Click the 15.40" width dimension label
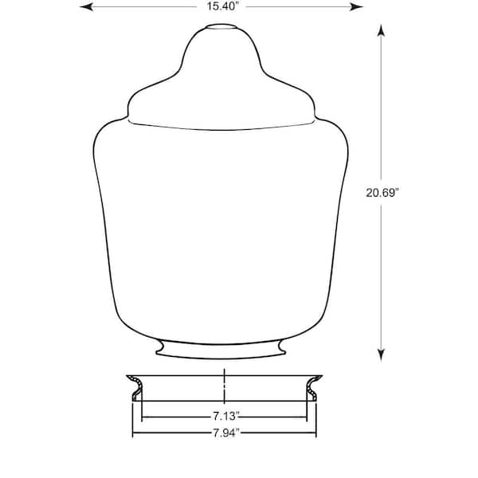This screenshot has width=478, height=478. click(221, 6)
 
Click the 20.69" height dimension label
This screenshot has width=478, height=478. click(382, 193)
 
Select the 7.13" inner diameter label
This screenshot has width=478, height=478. click(225, 416)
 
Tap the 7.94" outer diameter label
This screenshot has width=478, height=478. click(225, 433)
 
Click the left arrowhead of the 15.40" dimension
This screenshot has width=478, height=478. click(86, 6)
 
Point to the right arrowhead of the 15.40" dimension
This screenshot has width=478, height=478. click(356, 6)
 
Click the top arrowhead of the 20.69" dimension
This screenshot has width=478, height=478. click(381, 30)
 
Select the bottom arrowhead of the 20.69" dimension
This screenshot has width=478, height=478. click(381, 355)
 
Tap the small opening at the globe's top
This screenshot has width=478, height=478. click(221, 27)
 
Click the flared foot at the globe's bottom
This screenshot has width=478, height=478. click(221, 350)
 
